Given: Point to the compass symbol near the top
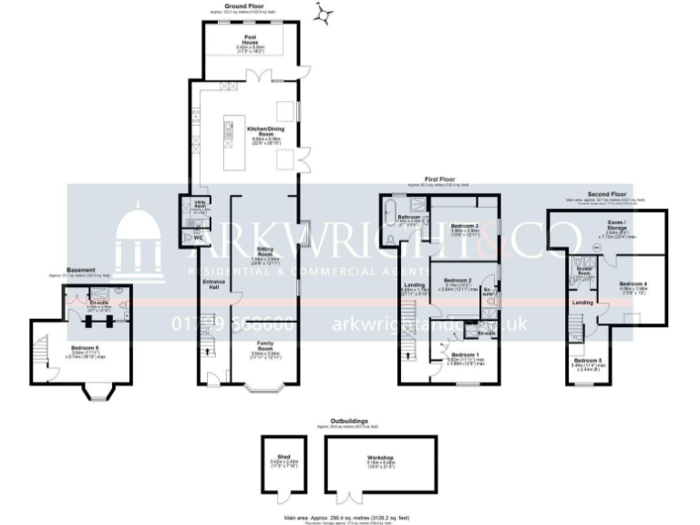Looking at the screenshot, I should [321, 13].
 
